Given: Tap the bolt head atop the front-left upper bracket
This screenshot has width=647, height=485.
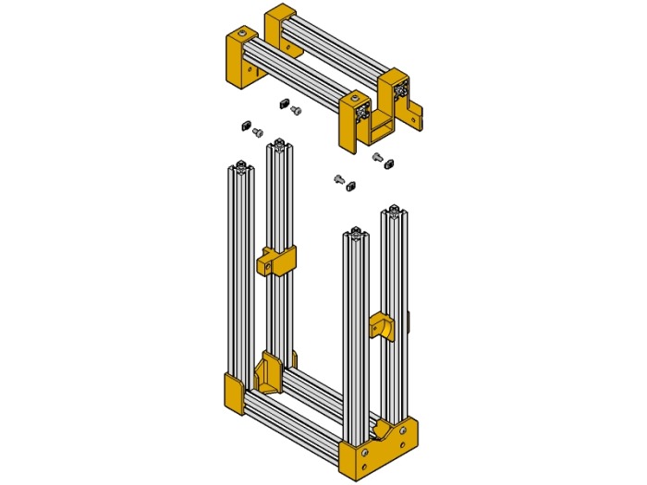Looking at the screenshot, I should (242, 34).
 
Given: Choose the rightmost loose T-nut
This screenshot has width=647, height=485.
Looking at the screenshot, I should (388, 162).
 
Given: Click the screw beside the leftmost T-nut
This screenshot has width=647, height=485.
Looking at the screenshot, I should (258, 131).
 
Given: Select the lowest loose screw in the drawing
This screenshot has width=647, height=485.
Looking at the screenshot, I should (339, 178).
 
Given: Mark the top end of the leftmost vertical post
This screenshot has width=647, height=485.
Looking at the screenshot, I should (240, 167).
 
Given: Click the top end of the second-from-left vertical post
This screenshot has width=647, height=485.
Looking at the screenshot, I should (279, 143).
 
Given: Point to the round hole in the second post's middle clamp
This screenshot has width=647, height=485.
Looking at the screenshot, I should (267, 266).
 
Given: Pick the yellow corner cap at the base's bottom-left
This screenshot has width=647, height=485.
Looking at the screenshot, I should (233, 392).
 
